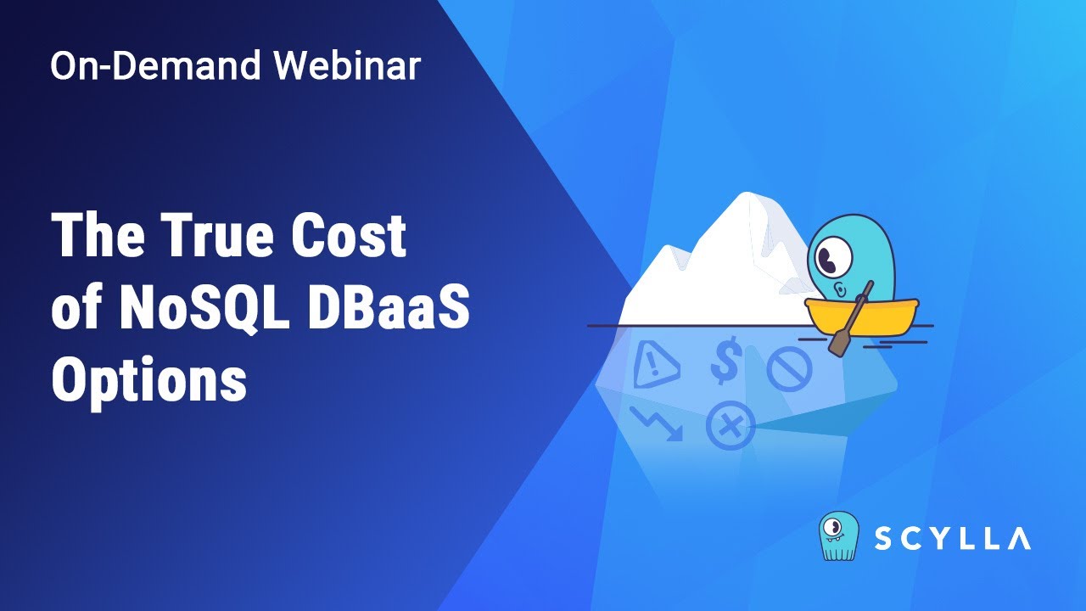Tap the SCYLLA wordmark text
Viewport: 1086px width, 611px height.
point(952,538)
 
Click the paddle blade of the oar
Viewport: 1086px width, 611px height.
point(840,344)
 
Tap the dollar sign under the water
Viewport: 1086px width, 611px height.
point(725,361)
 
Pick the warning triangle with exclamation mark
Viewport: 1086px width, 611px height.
point(656,363)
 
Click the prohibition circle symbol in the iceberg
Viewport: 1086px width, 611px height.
point(789,369)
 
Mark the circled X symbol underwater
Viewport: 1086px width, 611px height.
point(730,424)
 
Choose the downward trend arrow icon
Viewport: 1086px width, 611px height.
point(657,423)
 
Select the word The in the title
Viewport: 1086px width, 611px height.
point(98,237)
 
